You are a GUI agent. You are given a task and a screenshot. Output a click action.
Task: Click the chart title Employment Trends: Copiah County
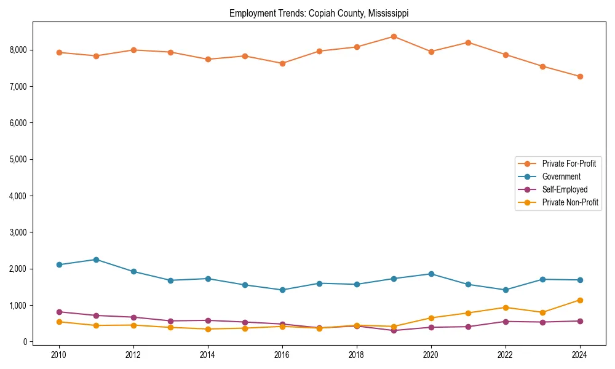pos(319,13)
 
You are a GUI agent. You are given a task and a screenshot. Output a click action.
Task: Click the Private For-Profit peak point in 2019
pos(394,36)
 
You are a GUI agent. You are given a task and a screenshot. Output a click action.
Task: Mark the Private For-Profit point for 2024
pos(580,76)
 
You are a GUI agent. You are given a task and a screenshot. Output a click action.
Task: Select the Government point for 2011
pos(96,260)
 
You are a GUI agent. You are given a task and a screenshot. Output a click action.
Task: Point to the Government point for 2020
pos(431,274)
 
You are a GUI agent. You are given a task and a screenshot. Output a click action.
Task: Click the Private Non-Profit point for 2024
pos(580,300)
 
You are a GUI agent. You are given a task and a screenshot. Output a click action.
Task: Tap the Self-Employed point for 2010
pos(59,312)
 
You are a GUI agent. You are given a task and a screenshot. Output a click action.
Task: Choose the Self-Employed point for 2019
pos(394,330)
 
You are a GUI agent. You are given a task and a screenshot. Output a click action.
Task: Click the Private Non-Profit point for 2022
pos(506,307)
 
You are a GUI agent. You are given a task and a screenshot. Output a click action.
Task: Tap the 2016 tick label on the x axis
pos(282,355)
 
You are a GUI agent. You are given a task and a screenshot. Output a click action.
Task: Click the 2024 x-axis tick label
pos(580,355)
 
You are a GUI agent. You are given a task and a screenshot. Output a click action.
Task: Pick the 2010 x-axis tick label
pos(59,355)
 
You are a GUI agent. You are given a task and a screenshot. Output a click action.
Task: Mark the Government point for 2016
pos(282,290)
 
